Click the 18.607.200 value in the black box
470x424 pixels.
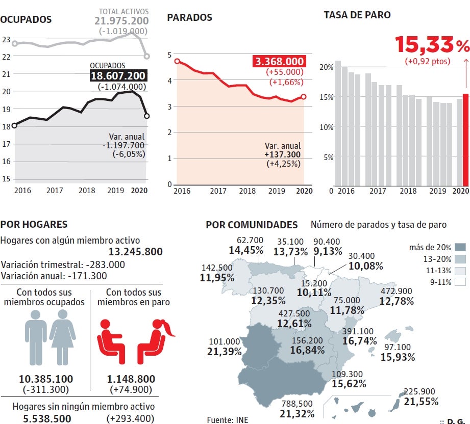tap(118, 75)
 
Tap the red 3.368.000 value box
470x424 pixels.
tap(279, 62)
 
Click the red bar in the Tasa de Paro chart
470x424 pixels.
tap(465, 140)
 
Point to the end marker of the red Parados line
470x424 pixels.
tap(304, 96)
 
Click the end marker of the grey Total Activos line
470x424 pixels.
tap(147, 56)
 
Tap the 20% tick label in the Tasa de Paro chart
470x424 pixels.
tap(327, 67)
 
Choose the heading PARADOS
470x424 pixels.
tap(189, 18)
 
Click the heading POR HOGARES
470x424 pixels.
tap(34, 224)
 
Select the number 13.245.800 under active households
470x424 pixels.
tap(135, 251)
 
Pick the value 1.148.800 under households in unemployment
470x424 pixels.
tap(131, 379)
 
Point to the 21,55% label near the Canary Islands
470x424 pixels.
tap(421, 402)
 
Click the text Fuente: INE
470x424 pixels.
tap(227, 420)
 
